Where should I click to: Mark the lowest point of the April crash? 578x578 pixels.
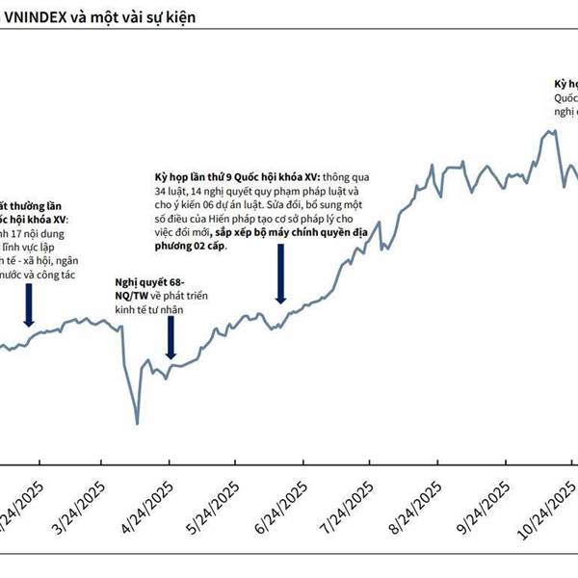click(138, 423)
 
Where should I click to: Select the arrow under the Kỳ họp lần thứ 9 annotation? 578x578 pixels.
click(281, 275)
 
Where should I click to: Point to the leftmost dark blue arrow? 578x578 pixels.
click(28, 308)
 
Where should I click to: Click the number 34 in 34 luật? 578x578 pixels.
click(162, 192)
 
